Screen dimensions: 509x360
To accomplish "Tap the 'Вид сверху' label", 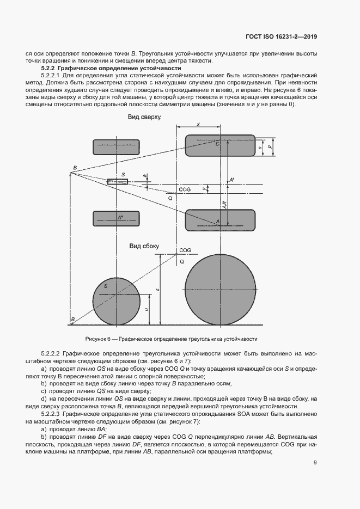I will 144,117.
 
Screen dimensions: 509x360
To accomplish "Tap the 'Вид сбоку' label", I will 144,246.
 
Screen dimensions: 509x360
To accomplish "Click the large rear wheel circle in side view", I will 221,289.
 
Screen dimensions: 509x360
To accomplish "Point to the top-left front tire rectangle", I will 117,148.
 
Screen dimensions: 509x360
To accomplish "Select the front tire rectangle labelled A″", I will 117,218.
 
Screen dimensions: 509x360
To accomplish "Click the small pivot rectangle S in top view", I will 117,181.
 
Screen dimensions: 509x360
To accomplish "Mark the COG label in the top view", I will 185,189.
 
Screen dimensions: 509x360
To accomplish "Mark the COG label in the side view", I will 185,250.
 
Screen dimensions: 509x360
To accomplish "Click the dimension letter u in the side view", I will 148,309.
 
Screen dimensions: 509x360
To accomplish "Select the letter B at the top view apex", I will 75,168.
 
